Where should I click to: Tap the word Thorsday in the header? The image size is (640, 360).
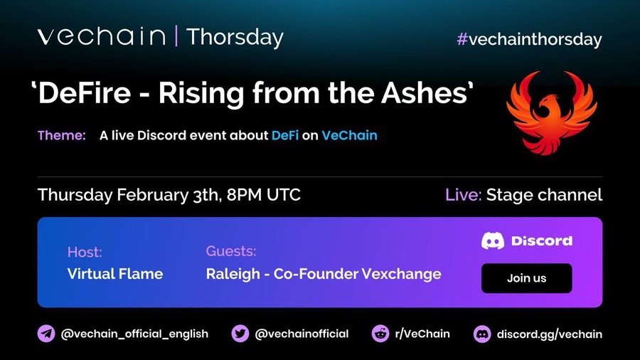click(x=235, y=37)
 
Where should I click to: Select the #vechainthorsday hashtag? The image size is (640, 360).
click(x=529, y=40)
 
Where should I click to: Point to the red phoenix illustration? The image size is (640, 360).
click(x=551, y=112)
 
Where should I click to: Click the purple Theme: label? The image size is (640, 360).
click(x=62, y=135)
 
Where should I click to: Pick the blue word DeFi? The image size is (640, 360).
click(x=285, y=135)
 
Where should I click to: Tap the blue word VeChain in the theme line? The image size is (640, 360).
click(x=349, y=135)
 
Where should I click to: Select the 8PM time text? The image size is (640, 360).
click(x=244, y=195)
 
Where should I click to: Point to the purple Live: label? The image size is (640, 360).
click(x=463, y=195)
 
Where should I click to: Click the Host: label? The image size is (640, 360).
click(x=85, y=252)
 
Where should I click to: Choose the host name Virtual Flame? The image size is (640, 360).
click(x=115, y=273)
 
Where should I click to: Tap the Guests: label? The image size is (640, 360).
click(x=231, y=251)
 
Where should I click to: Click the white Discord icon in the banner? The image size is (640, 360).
click(x=493, y=240)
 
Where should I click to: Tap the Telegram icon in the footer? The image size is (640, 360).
click(x=46, y=334)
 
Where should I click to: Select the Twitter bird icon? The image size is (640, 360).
click(x=240, y=334)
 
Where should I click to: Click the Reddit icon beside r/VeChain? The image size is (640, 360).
click(x=380, y=334)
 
